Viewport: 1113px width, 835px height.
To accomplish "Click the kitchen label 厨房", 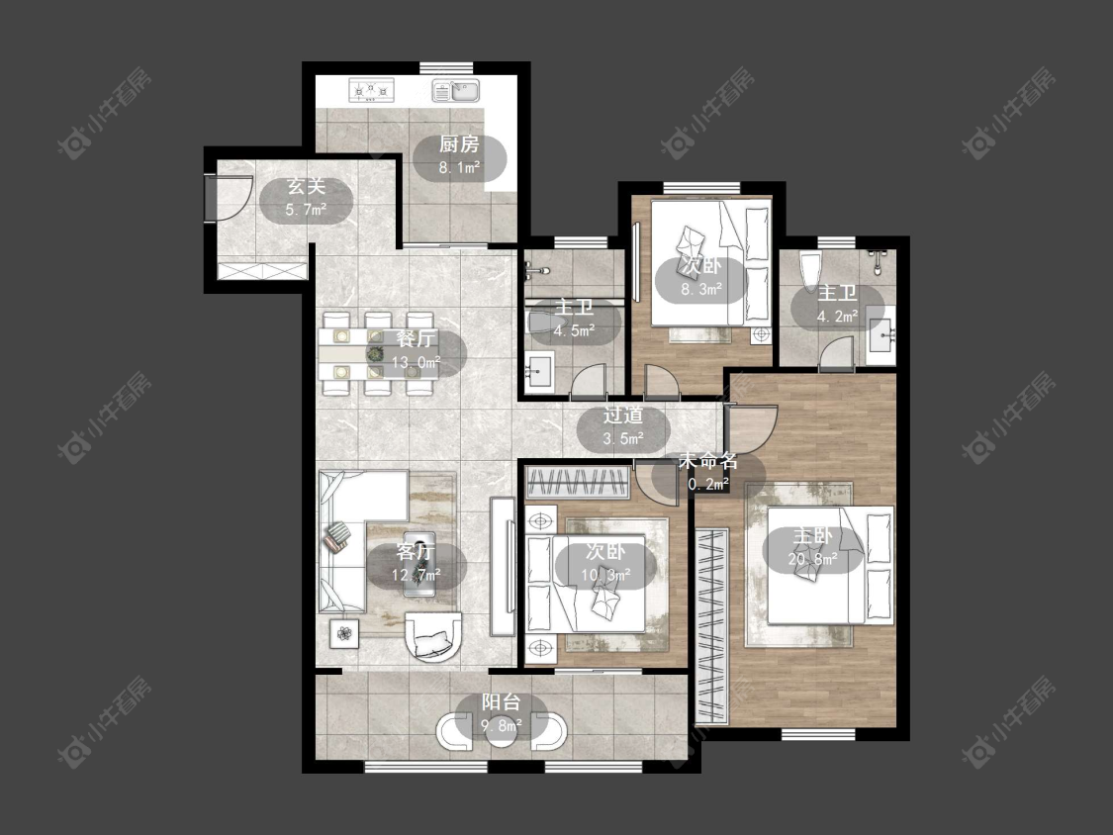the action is click(459, 144).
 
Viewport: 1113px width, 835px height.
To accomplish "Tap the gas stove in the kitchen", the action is click(371, 90).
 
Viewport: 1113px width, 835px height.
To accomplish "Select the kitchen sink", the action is click(456, 91).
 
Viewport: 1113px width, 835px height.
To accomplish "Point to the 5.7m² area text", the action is click(306, 210).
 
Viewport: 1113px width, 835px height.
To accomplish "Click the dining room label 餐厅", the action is click(417, 338).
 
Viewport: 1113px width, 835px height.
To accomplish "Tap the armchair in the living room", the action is click(432, 636).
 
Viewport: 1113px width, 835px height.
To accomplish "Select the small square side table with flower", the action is click(344, 632).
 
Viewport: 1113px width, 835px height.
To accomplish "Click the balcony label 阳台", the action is click(502, 703).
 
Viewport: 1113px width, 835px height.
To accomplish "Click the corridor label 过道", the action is click(623, 416).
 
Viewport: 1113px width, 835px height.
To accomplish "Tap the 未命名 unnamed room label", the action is click(708, 461).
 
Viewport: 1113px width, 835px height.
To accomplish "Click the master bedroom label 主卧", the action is click(813, 536).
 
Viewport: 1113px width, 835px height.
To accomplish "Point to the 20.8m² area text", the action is click(813, 560).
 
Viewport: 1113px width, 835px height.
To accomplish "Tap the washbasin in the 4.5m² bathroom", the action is click(539, 371).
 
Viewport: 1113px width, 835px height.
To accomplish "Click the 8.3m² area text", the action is click(701, 289).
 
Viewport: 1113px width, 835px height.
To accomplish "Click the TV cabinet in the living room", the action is click(503, 566).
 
